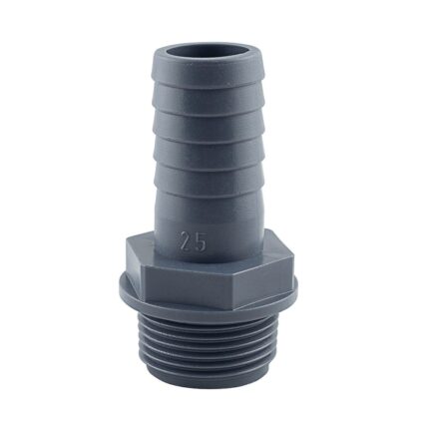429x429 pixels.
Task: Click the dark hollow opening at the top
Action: click(x=213, y=46)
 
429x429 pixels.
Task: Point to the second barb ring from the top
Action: click(x=213, y=113)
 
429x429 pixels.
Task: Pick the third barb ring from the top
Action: click(x=213, y=142)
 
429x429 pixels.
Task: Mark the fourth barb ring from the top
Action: click(x=213, y=172)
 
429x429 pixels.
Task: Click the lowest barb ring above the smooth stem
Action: click(x=213, y=201)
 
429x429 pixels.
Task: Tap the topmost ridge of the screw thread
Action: click(x=213, y=330)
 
